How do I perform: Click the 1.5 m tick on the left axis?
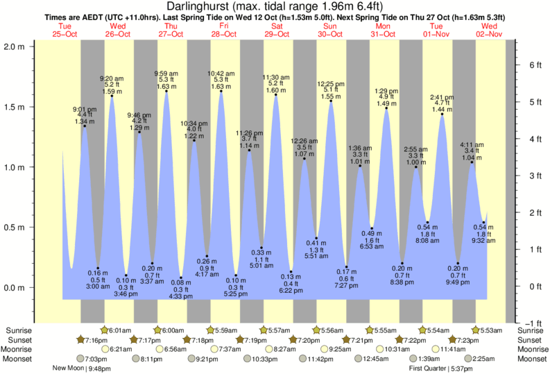(17, 108)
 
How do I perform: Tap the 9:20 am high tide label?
(112, 78)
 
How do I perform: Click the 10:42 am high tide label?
(221, 73)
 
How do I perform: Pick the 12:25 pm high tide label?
(331, 84)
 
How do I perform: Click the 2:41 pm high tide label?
(441, 97)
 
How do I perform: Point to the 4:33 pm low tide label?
(181, 296)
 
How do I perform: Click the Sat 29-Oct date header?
(276, 30)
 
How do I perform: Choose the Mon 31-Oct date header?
(383, 30)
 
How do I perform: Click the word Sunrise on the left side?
(19, 330)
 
